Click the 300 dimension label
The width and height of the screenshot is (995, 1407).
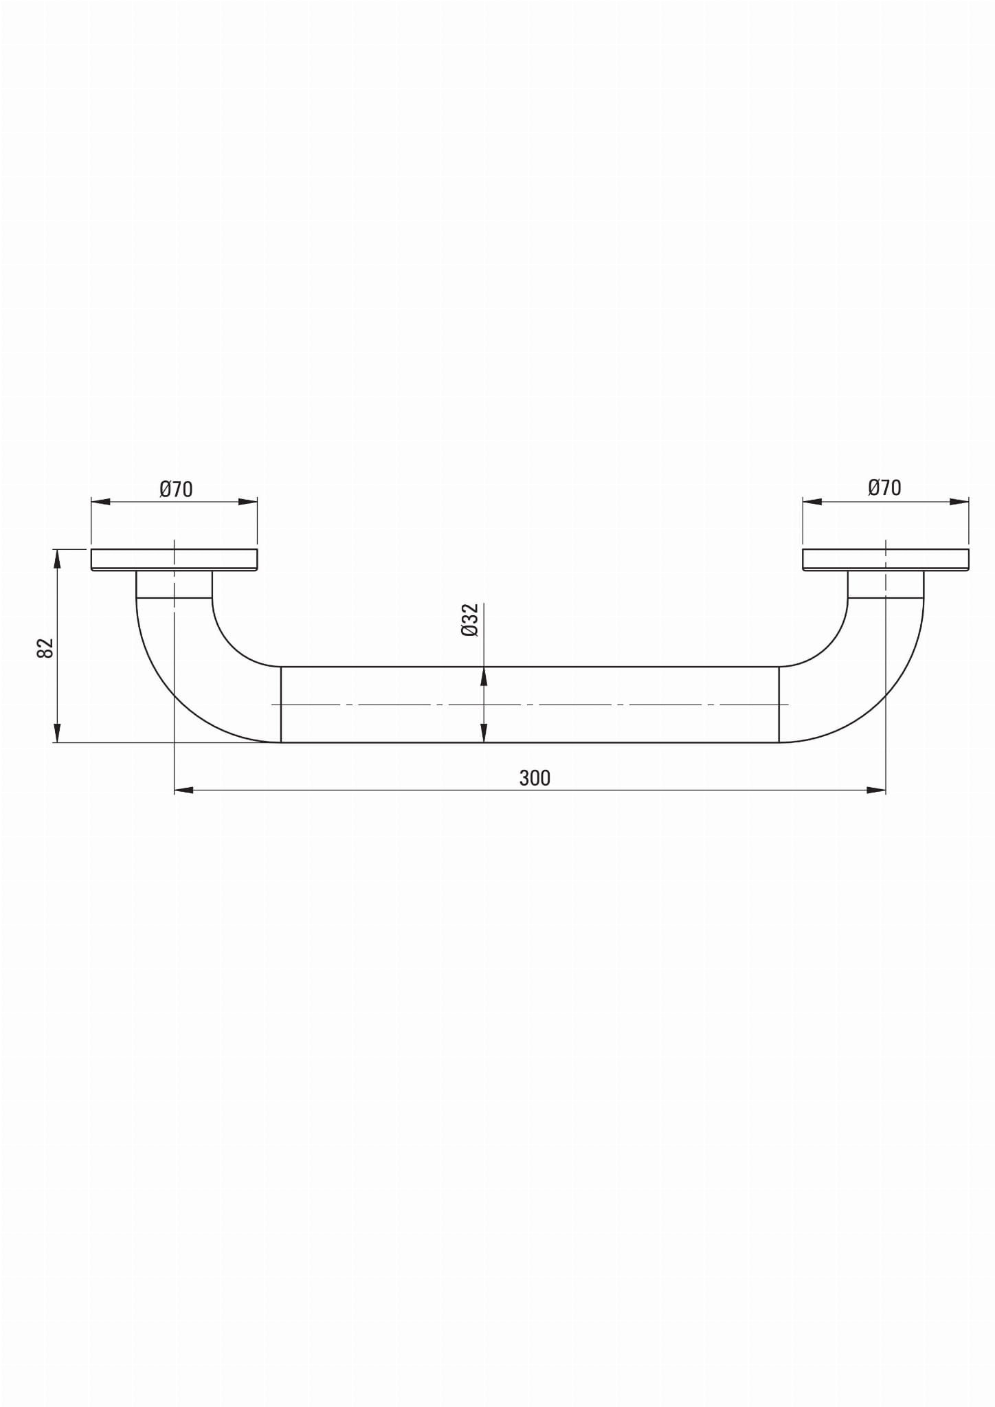pyautogui.click(x=535, y=778)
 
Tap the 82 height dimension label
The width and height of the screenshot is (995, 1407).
pyautogui.click(x=45, y=647)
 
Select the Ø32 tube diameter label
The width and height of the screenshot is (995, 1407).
pyautogui.click(x=470, y=620)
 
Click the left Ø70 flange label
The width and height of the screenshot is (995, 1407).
pyautogui.click(x=176, y=489)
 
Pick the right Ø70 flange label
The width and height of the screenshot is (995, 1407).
pyautogui.click(x=884, y=487)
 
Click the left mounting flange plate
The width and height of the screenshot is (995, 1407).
pyautogui.click(x=175, y=560)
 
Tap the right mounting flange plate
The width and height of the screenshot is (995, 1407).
pyautogui.click(x=886, y=560)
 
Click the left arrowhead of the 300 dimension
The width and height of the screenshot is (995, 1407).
pyautogui.click(x=183, y=790)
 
